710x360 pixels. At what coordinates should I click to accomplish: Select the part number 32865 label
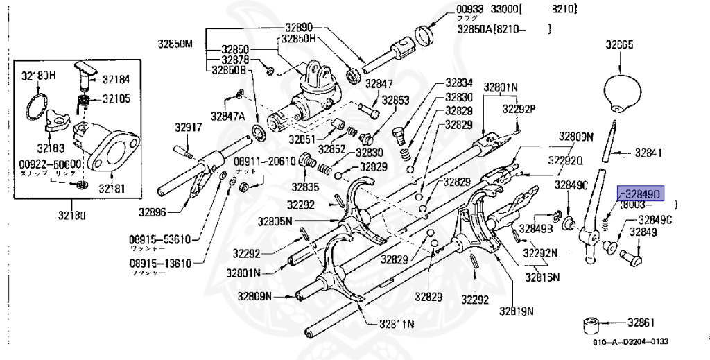tap(619, 44)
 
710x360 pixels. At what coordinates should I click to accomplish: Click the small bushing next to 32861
tap(593, 324)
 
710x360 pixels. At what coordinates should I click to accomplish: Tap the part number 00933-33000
tap(482, 10)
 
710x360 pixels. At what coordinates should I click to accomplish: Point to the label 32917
tap(188, 128)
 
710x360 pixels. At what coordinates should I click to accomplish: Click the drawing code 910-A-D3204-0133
tap(630, 341)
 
